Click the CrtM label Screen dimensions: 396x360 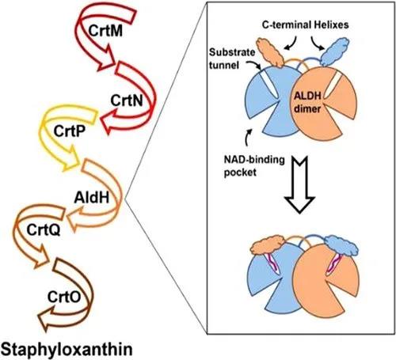pyautogui.click(x=105, y=31)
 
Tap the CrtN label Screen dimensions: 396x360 pyautogui.click(x=127, y=100)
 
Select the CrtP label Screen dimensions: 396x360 pyautogui.click(x=70, y=131)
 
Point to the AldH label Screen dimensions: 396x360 pyautogui.click(x=92, y=197)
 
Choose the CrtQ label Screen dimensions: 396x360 pyautogui.click(x=44, y=229)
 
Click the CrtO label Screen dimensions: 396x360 pyautogui.click(x=64, y=297)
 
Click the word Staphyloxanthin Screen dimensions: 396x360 pyautogui.click(x=67, y=349)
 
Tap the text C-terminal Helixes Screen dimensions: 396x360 pyautogui.click(x=305, y=25)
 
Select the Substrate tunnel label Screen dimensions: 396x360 pyautogui.click(x=232, y=59)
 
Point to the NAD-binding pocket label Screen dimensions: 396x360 pyautogui.click(x=254, y=166)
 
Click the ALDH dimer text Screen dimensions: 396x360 pyautogui.click(x=307, y=102)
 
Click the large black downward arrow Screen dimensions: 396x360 pyautogui.click(x=299, y=184)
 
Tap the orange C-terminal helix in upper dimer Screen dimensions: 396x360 pyautogui.click(x=270, y=52)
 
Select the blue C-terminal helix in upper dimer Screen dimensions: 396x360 pyautogui.click(x=335, y=51)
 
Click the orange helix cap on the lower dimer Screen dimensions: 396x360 pyautogui.click(x=268, y=245)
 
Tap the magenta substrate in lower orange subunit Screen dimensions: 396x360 pyautogui.click(x=333, y=264)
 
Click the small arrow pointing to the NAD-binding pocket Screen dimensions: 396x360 pyautogui.click(x=248, y=138)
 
